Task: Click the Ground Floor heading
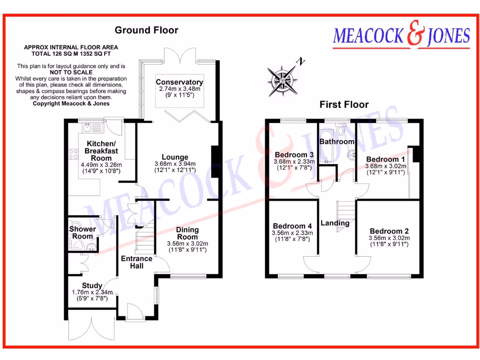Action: pos(147,30)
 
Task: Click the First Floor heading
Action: pos(344,105)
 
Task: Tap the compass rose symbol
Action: pos(282,78)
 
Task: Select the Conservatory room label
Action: pos(180,82)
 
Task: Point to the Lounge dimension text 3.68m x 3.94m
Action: pos(175,164)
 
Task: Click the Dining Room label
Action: pos(187,233)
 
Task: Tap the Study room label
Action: pos(92,285)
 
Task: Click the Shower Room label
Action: pos(82,232)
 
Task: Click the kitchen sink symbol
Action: pos(92,127)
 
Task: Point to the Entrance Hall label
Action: pos(136,262)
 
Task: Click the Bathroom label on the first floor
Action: pos(337,141)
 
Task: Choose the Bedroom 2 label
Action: pos(389,231)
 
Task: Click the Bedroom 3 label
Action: pos(294,155)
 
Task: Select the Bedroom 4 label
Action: pos(292,225)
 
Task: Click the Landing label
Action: pos(335,223)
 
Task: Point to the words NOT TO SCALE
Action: pos(71,73)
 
